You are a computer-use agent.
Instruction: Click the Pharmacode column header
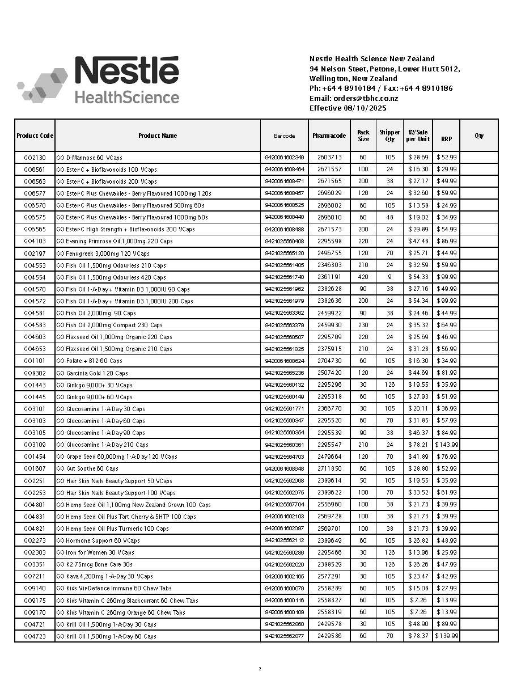pos(329,136)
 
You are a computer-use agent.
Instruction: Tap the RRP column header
pos(446,139)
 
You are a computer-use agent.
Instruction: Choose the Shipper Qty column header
pos(389,136)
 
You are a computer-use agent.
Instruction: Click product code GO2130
pos(35,158)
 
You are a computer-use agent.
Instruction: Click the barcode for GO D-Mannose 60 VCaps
pos(284,158)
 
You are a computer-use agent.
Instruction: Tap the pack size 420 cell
pos(363,277)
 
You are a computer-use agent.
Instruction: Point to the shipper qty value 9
pos(389,277)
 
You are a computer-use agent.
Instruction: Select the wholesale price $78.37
pos(418,636)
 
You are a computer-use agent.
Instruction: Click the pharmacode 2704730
pos(329,361)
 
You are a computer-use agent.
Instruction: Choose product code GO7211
pos(35,576)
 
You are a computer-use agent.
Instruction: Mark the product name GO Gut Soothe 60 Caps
pos(87,469)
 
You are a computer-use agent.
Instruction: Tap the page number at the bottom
pos(260,669)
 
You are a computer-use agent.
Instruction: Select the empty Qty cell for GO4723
pos(479,636)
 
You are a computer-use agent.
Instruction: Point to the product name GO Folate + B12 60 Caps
pos(89,361)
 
